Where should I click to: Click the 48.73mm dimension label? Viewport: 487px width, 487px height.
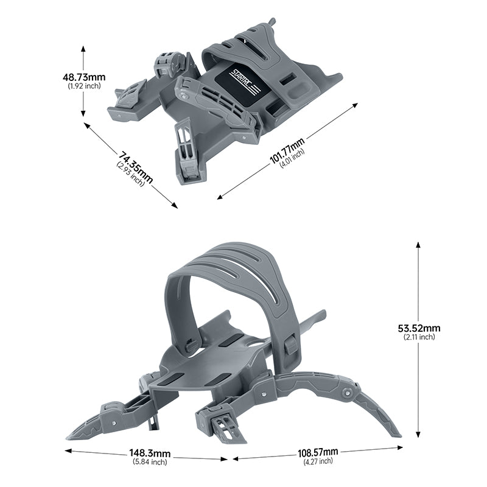[x=84, y=77]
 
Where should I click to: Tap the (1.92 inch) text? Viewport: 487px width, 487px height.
[x=84, y=86]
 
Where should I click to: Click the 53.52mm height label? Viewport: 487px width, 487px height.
[x=419, y=328]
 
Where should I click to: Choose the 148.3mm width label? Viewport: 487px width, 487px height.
[x=150, y=454]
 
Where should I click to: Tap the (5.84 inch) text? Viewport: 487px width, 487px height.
[x=150, y=462]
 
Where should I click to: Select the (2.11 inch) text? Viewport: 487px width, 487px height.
[x=419, y=337]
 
